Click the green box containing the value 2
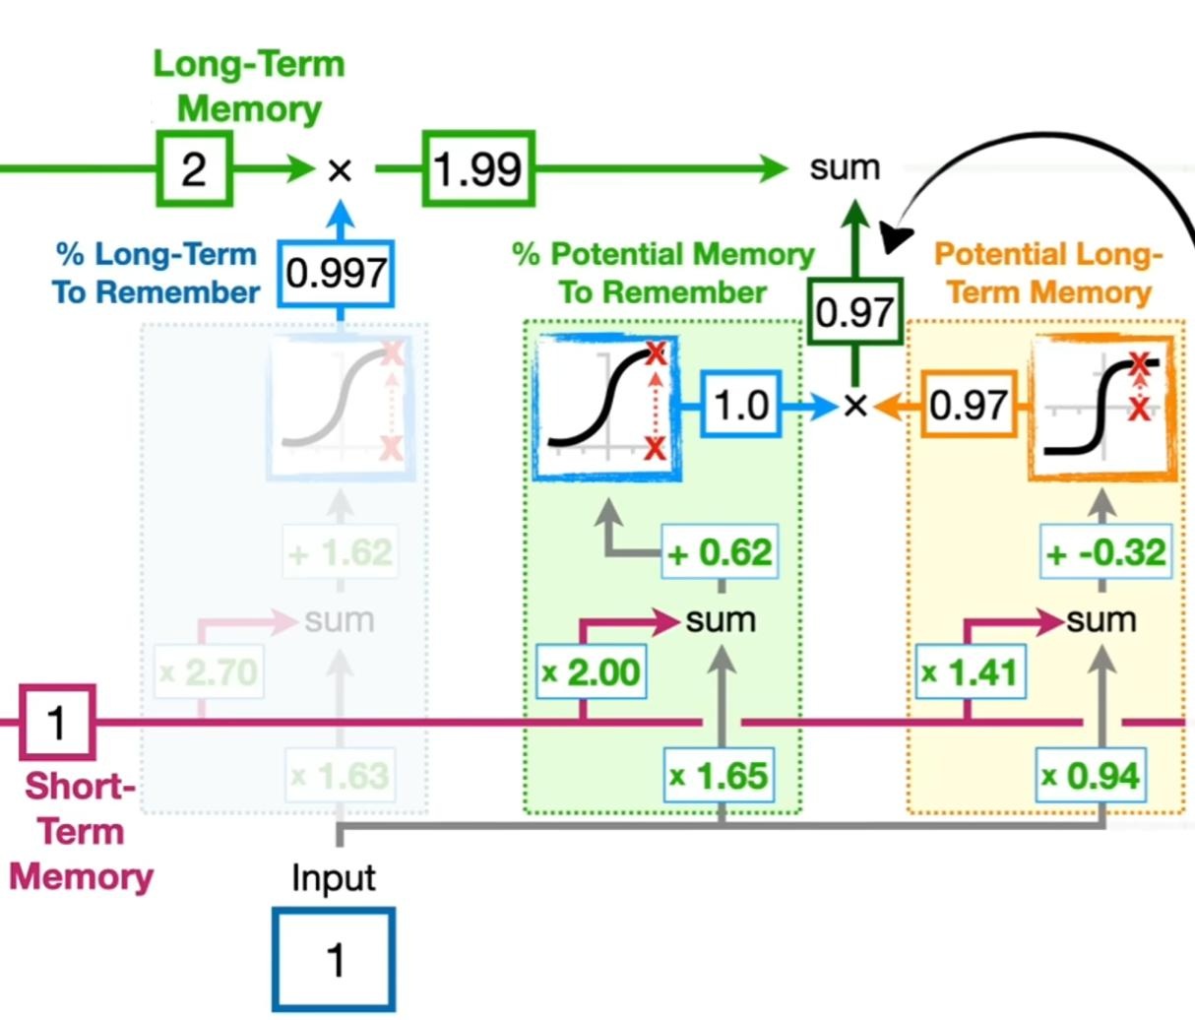pyautogui.click(x=194, y=169)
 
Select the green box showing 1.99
pyautogui.click(x=479, y=169)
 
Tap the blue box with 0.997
pyautogui.click(x=337, y=274)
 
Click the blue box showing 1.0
pyautogui.click(x=741, y=405)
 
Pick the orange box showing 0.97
pyautogui.click(x=969, y=405)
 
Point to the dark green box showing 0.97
pyautogui.click(x=854, y=312)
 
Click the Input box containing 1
pyautogui.click(x=335, y=960)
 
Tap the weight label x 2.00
pyautogui.click(x=592, y=672)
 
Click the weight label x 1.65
pyautogui.click(x=719, y=776)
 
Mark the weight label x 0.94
pyautogui.click(x=1092, y=776)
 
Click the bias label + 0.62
pyautogui.click(x=721, y=553)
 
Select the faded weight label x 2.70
pyautogui.click(x=210, y=672)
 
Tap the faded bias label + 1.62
pyautogui.click(x=341, y=553)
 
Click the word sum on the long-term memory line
pyautogui.click(x=844, y=168)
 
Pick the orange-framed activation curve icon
pyautogui.click(x=1102, y=407)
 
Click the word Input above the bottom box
pyautogui.click(x=333, y=877)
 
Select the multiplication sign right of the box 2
pyautogui.click(x=340, y=170)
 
